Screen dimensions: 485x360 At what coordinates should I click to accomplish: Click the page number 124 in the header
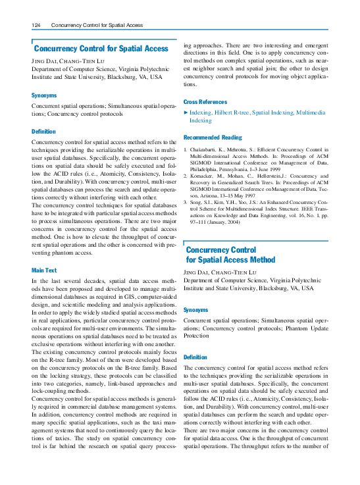37,25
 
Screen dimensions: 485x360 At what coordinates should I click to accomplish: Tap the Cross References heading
205,102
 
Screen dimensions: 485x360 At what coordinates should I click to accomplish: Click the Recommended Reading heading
213,138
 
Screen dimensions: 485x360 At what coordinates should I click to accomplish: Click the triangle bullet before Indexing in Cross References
186,113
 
